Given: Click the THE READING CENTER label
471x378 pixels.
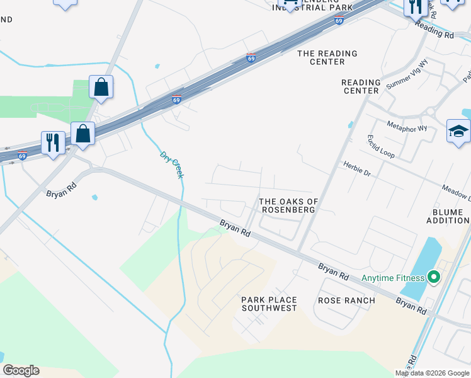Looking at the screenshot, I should click(x=327, y=57).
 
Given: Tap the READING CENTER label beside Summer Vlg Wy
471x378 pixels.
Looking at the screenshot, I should click(x=361, y=86).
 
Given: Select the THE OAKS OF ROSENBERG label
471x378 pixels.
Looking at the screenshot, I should click(x=289, y=205).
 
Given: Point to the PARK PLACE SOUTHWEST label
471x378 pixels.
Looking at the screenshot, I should click(x=269, y=304).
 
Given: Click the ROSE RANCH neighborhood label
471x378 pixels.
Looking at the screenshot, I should click(x=346, y=301).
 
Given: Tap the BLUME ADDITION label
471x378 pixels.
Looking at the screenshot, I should click(x=448, y=216).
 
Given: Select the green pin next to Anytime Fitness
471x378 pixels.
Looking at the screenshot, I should click(x=433, y=277).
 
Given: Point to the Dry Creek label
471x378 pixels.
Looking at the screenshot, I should click(x=171, y=164).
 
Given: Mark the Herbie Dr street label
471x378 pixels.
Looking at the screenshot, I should click(x=357, y=168).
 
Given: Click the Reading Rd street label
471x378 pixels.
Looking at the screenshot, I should click(x=434, y=31).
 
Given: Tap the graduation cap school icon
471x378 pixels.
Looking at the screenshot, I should click(x=458, y=131).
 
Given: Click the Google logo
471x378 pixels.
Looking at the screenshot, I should click(x=21, y=370).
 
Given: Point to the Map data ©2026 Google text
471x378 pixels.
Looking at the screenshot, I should click(x=432, y=373).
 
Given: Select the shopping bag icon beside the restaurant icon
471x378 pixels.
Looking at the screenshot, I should click(x=82, y=134).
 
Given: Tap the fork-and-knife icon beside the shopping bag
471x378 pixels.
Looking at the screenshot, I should click(x=53, y=142).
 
